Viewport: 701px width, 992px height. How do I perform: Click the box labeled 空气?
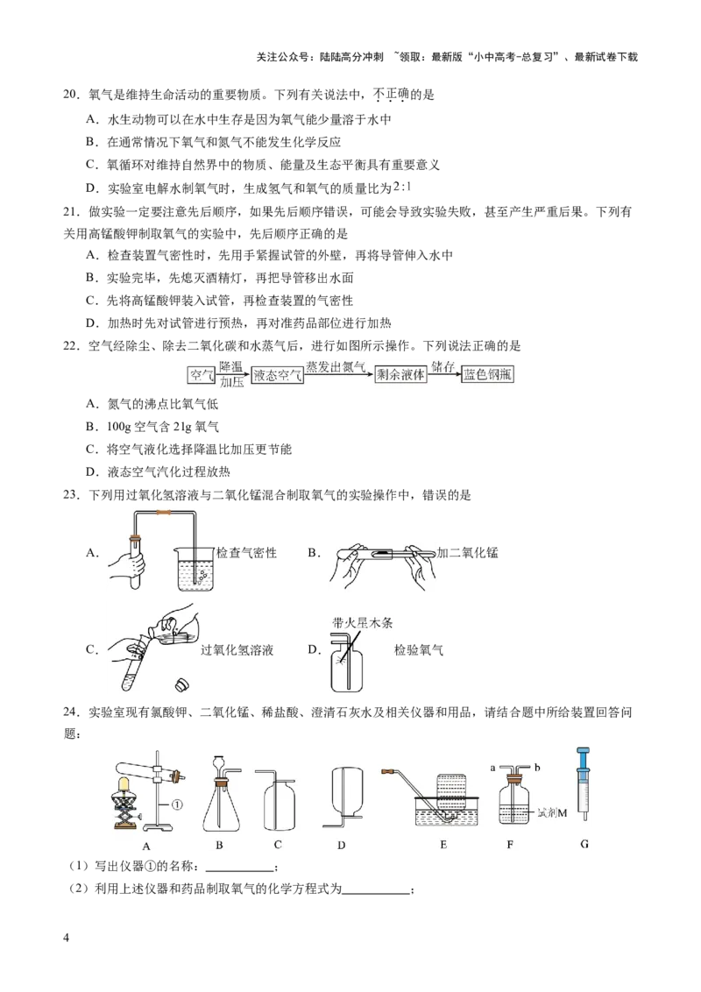coord(202,376)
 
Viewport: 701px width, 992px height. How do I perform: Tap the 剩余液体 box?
coord(400,376)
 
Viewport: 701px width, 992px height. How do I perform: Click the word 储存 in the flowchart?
coord(443,366)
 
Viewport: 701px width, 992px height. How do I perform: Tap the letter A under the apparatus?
coord(146,845)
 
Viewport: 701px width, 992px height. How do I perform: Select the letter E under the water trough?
coord(443,845)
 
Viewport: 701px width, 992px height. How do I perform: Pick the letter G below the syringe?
coord(584,845)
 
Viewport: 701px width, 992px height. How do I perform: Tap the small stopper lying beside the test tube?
coord(183,683)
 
